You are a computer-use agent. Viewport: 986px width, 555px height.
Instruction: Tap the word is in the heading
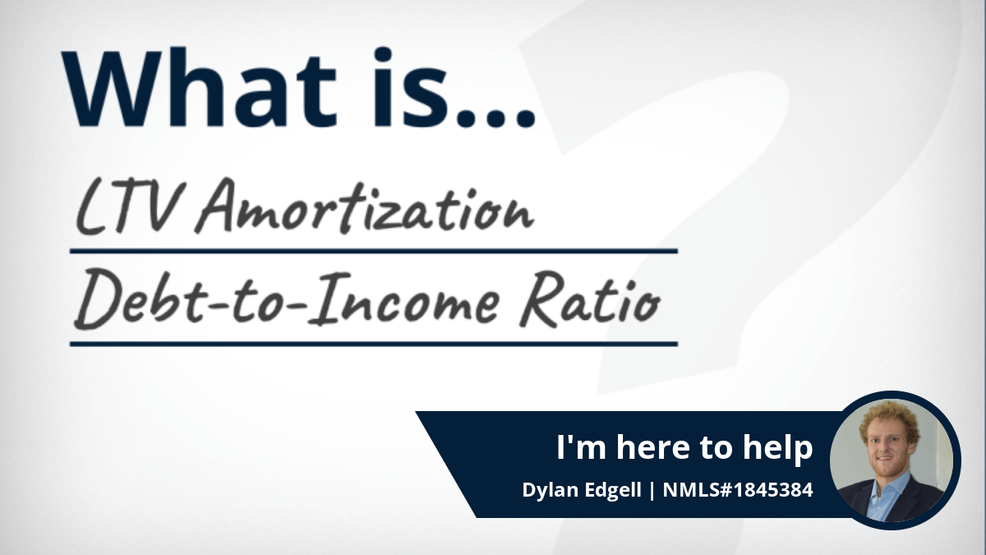tap(408, 87)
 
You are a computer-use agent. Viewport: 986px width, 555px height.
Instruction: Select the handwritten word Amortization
tap(365, 206)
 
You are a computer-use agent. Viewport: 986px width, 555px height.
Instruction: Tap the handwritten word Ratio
tap(590, 298)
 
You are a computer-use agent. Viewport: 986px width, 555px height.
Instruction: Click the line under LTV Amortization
tap(373, 251)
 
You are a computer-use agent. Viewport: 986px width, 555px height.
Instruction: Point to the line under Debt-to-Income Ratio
tap(373, 344)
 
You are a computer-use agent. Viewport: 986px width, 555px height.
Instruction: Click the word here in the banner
tap(653, 446)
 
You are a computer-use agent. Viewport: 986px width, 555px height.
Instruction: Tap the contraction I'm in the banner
tap(583, 446)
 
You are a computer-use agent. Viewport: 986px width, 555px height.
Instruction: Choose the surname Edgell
tap(612, 490)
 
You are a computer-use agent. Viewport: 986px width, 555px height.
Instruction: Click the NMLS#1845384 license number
tap(738, 490)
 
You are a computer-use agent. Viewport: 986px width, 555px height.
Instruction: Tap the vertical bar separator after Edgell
tap(652, 491)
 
